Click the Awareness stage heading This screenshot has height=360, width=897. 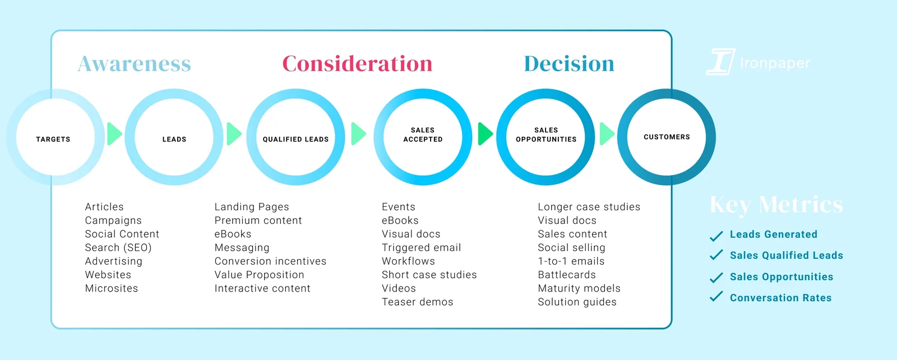(x=134, y=64)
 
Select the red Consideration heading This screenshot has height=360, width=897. (x=357, y=64)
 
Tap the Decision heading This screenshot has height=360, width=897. (x=569, y=64)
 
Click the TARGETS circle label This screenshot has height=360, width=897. (x=53, y=140)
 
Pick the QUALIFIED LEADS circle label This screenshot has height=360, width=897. (x=295, y=140)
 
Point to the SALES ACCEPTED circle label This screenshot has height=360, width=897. (x=423, y=135)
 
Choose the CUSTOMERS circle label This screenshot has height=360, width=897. (x=667, y=137)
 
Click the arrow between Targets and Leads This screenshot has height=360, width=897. (x=114, y=134)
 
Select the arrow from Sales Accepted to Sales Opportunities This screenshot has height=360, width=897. (x=486, y=134)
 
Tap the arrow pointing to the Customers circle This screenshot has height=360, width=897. (x=607, y=134)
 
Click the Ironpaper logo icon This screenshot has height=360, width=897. (x=720, y=62)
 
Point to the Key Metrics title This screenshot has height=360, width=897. (x=776, y=205)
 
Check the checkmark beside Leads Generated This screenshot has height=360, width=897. (x=716, y=236)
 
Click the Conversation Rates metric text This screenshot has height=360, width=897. (x=780, y=298)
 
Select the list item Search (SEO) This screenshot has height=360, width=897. (x=118, y=247)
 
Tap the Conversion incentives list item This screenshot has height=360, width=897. (x=270, y=261)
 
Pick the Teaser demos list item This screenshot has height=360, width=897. (x=417, y=302)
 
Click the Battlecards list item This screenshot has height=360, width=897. (x=567, y=275)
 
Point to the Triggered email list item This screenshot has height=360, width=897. (x=421, y=247)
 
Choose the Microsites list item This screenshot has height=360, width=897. (x=112, y=288)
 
